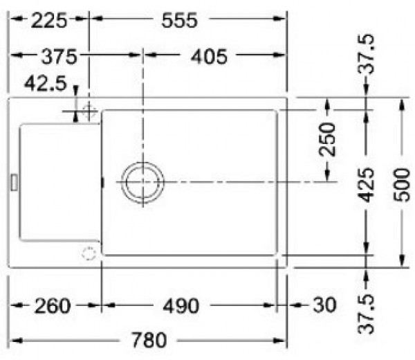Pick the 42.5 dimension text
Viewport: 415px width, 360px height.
point(45,84)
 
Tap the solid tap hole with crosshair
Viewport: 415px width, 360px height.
point(89,111)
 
